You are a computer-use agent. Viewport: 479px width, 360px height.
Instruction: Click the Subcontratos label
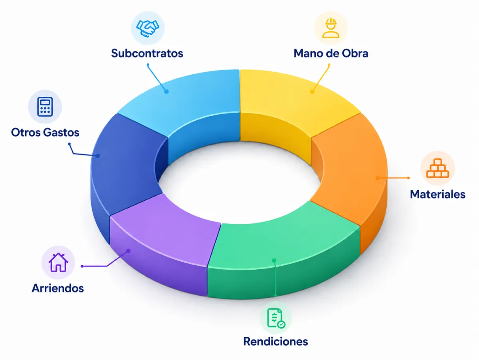point(147,53)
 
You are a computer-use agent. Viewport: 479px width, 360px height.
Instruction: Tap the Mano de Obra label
point(331,53)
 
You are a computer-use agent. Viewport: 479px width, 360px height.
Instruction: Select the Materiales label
point(437,194)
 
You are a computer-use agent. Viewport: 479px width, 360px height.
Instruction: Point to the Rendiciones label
point(275,341)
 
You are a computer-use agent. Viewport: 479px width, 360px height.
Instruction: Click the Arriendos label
point(57,288)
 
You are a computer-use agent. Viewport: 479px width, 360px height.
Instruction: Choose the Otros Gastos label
point(45,132)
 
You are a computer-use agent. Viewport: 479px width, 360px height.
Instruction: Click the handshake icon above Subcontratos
point(148,28)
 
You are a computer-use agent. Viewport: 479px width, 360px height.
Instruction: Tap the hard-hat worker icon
point(331,28)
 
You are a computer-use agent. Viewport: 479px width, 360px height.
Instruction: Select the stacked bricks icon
point(437,168)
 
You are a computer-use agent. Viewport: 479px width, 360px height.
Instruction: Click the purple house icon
point(58,263)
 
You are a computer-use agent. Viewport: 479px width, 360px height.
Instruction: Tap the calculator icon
point(45,107)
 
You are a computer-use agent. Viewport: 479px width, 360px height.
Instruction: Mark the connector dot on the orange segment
point(378,177)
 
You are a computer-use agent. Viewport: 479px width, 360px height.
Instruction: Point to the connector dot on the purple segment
point(129,251)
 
